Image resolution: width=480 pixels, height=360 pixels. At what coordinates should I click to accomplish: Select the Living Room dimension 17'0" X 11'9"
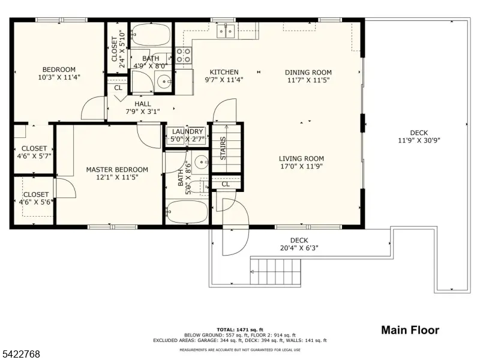[301, 167]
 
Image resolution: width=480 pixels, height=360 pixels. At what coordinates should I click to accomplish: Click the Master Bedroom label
[116, 170]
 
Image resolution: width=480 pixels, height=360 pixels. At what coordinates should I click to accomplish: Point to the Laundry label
[188, 132]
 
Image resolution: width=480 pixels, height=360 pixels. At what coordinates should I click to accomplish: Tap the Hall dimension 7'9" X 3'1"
[143, 112]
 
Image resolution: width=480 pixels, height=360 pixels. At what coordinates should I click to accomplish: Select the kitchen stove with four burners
[184, 56]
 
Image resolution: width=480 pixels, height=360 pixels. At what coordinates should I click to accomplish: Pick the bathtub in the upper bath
[152, 34]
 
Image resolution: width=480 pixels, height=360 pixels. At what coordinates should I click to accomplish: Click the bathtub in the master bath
[187, 212]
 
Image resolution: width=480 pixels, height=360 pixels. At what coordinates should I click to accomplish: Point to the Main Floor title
[410, 330]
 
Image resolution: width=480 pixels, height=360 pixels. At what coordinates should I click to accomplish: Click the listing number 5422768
[21, 355]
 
